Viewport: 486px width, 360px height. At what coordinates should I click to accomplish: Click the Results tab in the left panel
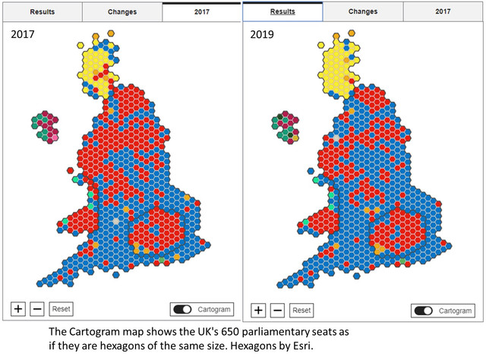coord(41,12)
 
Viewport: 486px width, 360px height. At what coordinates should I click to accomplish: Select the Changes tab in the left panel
coord(121,12)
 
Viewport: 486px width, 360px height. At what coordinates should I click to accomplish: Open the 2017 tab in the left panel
coord(201,12)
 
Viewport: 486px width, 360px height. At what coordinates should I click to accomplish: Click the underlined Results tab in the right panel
coord(282,12)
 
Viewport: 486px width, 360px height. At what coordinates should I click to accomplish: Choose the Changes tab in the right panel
coord(363,12)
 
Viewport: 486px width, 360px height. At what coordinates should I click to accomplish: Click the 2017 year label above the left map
coord(23,35)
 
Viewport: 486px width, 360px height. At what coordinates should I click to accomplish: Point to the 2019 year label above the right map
coord(261,35)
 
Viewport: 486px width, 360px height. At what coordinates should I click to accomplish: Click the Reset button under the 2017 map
coord(61,309)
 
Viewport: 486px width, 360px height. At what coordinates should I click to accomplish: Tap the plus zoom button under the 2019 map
coord(258,310)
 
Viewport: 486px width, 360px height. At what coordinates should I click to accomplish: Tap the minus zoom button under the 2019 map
coord(278,310)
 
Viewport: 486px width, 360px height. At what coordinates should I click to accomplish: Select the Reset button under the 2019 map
coord(301,310)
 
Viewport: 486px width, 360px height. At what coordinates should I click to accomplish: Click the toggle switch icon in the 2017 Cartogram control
coord(182,309)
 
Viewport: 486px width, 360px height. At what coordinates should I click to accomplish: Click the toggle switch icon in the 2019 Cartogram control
coord(423,311)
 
